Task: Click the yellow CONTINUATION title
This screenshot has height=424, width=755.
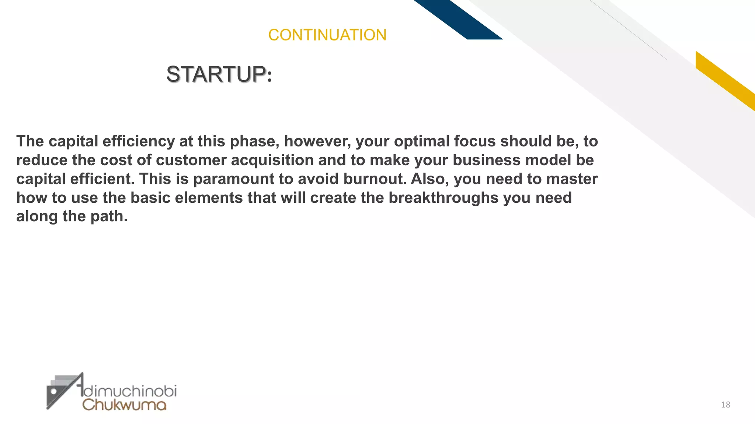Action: (327, 35)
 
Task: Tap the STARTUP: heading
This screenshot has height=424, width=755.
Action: (219, 74)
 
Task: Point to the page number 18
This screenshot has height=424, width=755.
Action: (726, 405)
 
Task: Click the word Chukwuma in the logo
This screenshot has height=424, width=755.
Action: (124, 404)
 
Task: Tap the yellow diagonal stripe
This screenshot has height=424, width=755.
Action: (724, 80)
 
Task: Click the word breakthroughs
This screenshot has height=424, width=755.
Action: (443, 198)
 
